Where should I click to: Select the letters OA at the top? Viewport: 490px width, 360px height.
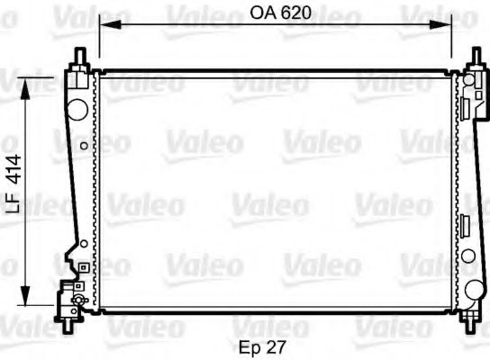pos(262,13)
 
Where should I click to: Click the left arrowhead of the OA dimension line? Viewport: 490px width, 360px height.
pos(103,25)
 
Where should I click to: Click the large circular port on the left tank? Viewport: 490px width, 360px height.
pos(78,110)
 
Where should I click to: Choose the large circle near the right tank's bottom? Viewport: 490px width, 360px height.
pos(474,291)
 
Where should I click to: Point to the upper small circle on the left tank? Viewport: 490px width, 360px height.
pos(84,145)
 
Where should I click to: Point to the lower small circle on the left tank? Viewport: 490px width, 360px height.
pos(83,243)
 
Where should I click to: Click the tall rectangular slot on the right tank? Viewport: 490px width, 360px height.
pos(467,225)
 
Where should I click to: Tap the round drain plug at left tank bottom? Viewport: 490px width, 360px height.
pos(78,299)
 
